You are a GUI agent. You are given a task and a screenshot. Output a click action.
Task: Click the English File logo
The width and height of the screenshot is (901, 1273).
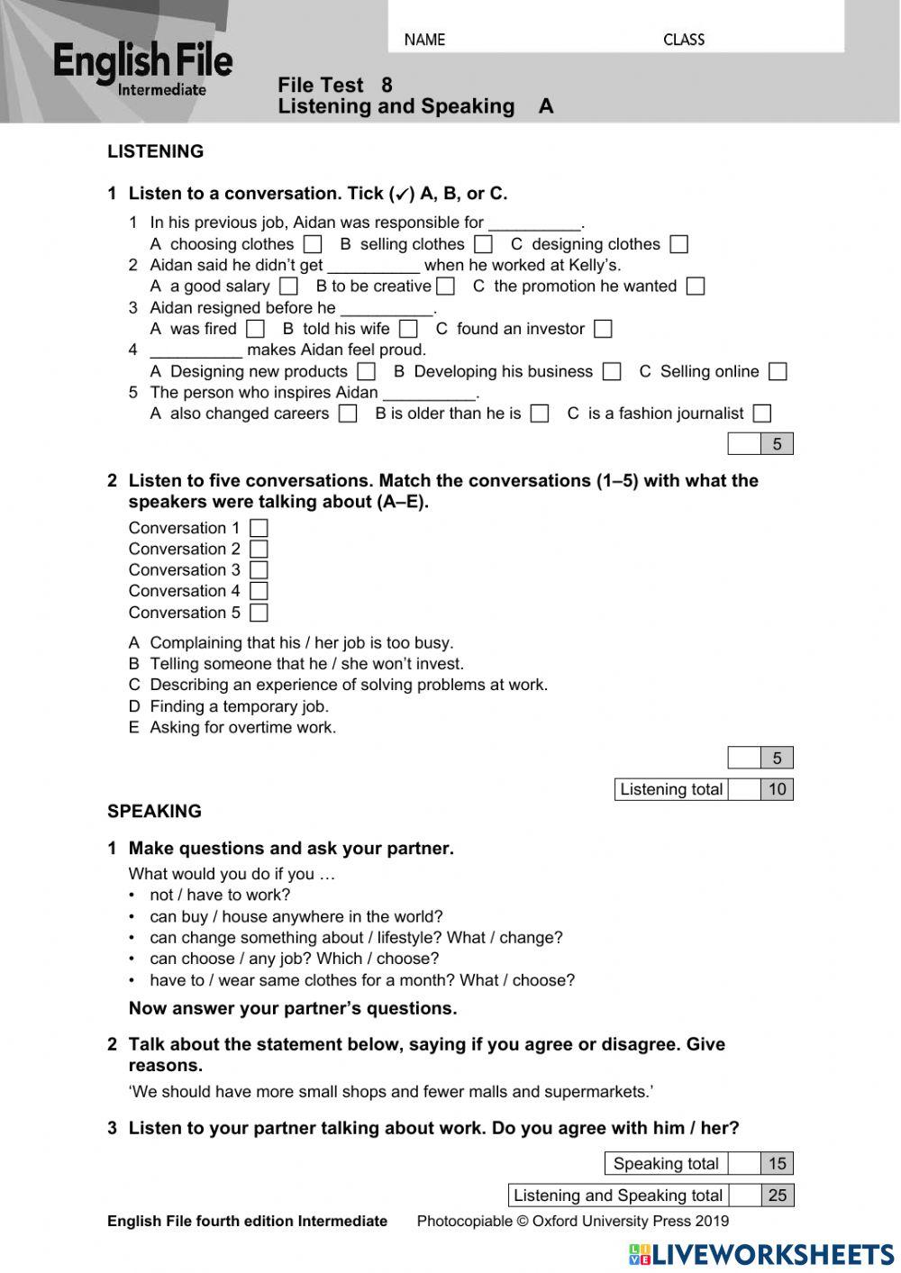(x=142, y=68)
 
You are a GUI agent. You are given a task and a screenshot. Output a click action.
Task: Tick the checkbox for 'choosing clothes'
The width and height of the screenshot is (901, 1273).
(x=313, y=244)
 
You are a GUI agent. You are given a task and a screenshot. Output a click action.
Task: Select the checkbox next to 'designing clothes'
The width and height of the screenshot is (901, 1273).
(x=679, y=244)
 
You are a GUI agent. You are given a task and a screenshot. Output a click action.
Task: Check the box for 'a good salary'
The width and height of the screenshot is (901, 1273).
(x=288, y=286)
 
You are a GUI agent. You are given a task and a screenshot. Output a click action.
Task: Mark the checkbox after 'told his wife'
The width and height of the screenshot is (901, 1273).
(x=408, y=329)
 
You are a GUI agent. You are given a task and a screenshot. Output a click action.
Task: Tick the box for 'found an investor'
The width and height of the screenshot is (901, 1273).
(x=604, y=329)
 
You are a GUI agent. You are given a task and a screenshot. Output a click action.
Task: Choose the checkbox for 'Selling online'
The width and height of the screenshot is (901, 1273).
(x=778, y=371)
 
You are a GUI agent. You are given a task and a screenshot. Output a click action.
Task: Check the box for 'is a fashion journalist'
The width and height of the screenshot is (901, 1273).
(x=762, y=414)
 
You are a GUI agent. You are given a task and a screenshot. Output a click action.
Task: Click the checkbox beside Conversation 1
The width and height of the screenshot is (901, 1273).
(x=259, y=528)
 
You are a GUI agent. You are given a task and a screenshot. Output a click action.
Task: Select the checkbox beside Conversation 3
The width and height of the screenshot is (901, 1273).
(x=259, y=570)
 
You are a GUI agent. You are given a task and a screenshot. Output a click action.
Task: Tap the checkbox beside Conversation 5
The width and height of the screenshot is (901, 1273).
(x=259, y=613)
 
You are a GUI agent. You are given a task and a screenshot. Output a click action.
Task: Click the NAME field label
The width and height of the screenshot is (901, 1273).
(x=424, y=40)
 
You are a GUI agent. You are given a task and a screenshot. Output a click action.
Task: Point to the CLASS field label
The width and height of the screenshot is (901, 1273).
(x=684, y=40)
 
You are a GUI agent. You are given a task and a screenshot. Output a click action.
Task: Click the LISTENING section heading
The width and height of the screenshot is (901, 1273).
(x=155, y=151)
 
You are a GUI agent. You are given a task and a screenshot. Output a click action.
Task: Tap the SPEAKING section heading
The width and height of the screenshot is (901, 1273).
(x=154, y=811)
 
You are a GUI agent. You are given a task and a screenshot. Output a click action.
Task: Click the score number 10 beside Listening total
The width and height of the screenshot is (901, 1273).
(x=777, y=789)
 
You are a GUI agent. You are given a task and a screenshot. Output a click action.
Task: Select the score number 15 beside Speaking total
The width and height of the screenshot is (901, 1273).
(x=777, y=1163)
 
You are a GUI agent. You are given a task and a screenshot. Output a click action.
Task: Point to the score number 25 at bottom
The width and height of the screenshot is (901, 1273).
(x=777, y=1196)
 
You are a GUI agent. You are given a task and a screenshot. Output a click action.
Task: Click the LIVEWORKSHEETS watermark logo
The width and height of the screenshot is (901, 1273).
(x=761, y=1254)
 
